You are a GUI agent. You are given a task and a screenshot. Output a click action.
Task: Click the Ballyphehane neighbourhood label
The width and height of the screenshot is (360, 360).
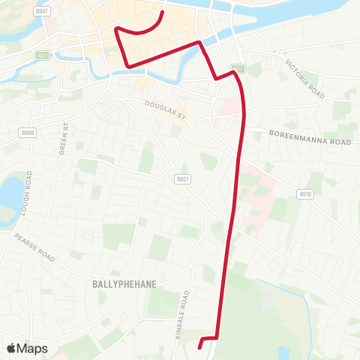[123, 284]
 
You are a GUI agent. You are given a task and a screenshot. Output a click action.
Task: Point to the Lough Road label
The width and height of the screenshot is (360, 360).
[27, 193]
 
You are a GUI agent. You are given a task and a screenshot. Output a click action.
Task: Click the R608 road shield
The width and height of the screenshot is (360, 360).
[28, 133]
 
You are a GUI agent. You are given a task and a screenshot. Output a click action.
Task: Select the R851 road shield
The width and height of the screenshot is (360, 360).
[181, 179]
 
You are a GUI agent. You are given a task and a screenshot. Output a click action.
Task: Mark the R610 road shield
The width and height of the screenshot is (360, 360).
[304, 193]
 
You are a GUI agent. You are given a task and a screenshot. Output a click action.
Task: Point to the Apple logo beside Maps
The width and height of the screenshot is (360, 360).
[12, 348]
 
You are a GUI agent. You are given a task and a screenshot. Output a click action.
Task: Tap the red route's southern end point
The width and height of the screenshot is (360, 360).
[200, 346]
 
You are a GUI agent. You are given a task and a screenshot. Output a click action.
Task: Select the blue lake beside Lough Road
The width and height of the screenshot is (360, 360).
[10, 193]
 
